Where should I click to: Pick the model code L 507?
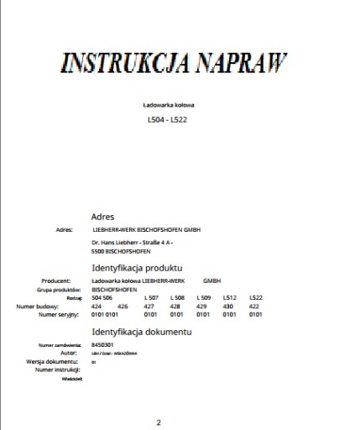click(151, 298)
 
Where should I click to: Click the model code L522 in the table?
click(256, 298)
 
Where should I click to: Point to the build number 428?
click(175, 307)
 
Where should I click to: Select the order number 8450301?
click(102, 345)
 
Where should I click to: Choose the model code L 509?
click(204, 298)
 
